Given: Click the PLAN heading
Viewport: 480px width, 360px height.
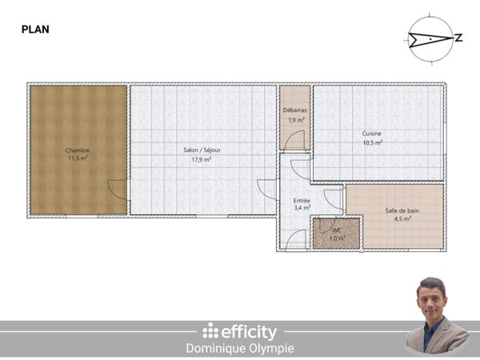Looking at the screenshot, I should tap(35, 30).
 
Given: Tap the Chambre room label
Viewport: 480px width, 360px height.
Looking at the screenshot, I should tap(78, 150).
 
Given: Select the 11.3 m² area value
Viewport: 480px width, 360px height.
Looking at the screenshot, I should tap(78, 158).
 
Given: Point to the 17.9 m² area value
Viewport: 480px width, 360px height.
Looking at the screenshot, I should tap(201, 159).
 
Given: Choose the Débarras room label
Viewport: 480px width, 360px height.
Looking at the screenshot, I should tap(295, 110).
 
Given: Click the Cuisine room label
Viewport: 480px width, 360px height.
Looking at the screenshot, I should tap(372, 134).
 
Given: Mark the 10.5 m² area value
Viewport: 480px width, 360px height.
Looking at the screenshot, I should tap(372, 142).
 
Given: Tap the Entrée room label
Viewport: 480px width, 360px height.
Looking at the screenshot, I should tap(302, 200).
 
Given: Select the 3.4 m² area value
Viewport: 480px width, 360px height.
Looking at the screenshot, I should tap(302, 208).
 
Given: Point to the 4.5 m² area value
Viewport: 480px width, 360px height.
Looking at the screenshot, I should tap(402, 218).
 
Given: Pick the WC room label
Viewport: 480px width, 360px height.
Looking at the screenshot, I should tap(337, 230).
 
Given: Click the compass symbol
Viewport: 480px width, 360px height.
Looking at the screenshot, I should tap(430, 37).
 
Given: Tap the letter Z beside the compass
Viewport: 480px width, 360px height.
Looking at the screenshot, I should tap(459, 38).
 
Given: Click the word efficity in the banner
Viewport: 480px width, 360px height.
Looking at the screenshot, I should tap(249, 331).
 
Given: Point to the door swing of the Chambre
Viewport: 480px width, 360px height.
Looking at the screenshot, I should tap(117, 190).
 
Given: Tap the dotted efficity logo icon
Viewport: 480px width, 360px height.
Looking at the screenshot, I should tap(210, 330).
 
